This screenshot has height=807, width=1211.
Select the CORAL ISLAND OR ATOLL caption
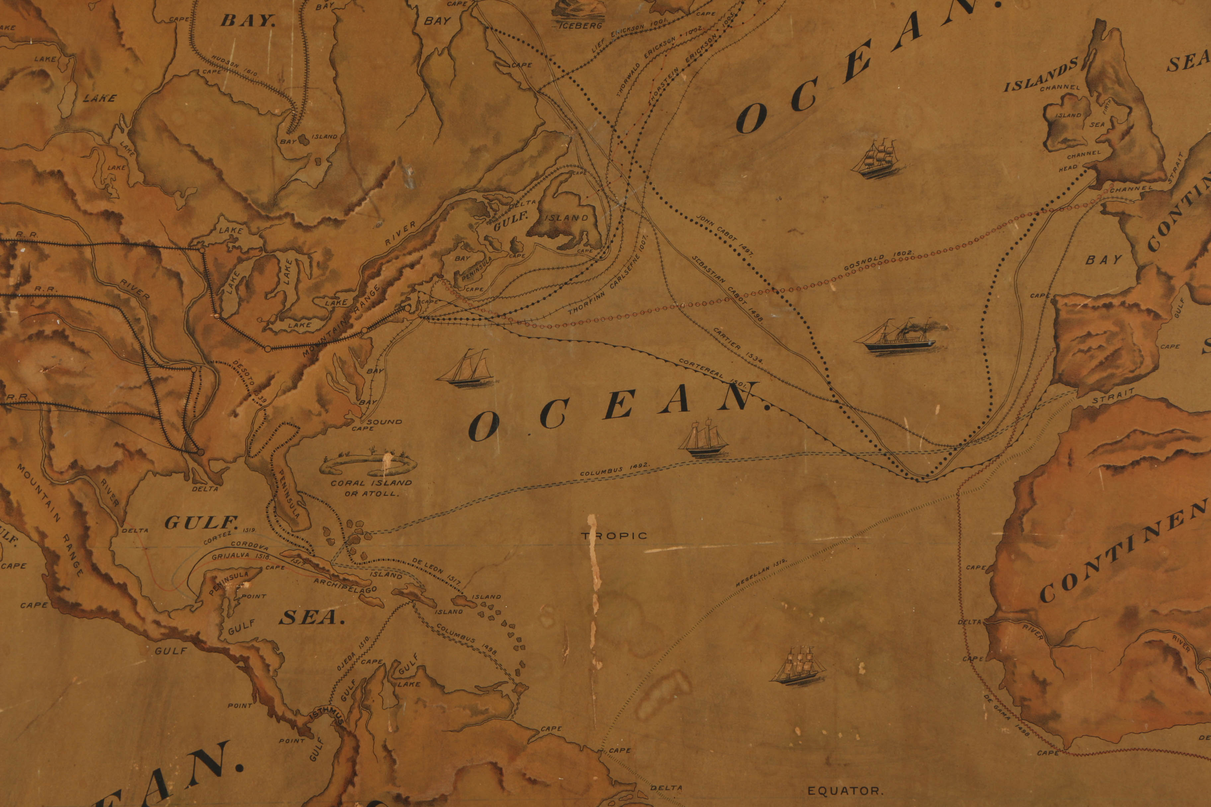point(371,488)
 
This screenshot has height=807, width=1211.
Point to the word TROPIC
point(614,536)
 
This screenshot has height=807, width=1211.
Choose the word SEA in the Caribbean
point(311,618)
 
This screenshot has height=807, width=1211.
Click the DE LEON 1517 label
point(437,572)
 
